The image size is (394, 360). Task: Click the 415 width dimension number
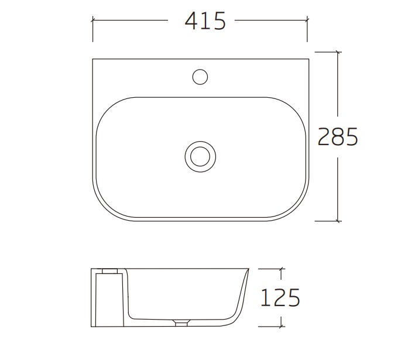(205, 21)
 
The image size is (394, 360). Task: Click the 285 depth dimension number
(337, 136)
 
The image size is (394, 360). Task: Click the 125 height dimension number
(280, 297)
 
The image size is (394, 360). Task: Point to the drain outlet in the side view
(181, 323)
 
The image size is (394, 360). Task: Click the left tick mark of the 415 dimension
(92, 20)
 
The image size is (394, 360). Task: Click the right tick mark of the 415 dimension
(307, 20)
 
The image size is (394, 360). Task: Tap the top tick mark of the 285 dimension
(338, 52)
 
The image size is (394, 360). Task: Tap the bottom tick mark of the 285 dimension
(338, 221)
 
